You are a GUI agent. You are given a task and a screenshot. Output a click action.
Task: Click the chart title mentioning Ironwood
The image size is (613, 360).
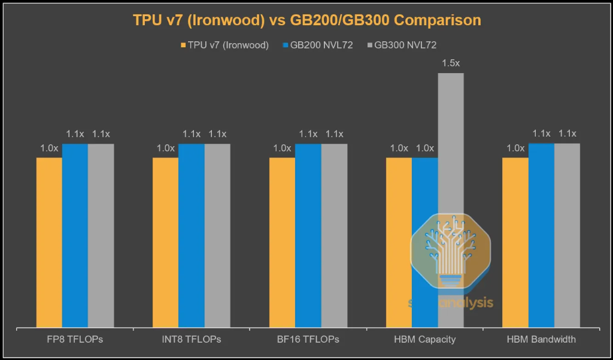click(306, 20)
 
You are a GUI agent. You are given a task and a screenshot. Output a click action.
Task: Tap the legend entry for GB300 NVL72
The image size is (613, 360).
click(409, 45)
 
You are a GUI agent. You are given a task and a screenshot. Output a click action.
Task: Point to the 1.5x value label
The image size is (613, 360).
click(451, 63)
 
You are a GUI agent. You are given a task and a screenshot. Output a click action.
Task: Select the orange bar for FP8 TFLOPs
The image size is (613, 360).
click(49, 243)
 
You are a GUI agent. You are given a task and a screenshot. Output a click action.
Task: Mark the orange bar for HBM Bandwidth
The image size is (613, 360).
click(515, 243)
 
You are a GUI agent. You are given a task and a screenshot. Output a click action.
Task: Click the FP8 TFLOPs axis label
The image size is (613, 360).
click(75, 340)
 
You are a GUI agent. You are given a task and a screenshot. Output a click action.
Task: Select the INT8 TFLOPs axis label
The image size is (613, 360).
click(192, 340)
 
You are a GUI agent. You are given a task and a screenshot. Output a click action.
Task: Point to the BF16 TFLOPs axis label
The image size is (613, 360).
click(308, 340)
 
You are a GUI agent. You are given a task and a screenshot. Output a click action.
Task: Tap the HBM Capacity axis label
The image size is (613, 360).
click(424, 340)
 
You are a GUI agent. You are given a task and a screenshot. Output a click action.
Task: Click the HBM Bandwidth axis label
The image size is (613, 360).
click(541, 340)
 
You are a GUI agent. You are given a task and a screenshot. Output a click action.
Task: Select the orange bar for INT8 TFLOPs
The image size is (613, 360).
click(166, 243)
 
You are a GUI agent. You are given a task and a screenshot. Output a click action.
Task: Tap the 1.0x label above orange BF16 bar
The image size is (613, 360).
click(282, 148)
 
